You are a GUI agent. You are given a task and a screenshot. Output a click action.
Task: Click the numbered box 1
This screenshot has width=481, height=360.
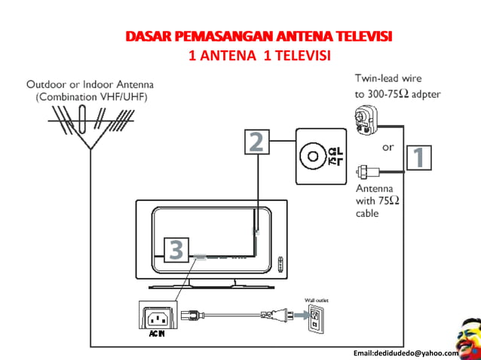[420, 159]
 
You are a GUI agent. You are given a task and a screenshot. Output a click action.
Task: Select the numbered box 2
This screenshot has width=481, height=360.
[256, 142]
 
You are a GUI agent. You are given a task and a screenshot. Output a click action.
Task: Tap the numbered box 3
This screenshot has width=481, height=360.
[175, 249]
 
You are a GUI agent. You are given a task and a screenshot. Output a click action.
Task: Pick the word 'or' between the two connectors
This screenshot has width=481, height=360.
[388, 147]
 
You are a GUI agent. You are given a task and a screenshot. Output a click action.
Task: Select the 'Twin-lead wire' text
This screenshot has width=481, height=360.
[388, 78]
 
